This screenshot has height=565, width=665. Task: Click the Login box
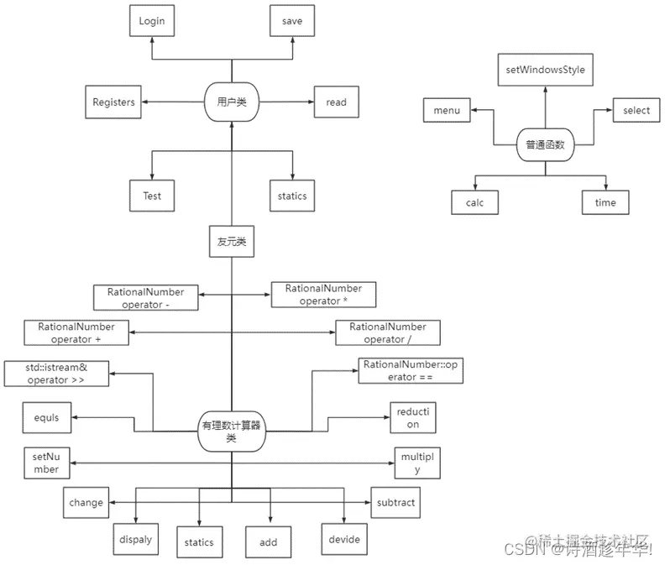152,20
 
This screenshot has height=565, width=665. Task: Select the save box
292,20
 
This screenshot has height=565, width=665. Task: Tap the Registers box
113,102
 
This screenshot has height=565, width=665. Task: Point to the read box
336,102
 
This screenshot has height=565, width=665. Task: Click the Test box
152,196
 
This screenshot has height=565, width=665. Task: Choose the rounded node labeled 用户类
231,102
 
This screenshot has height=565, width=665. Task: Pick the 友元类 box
231,242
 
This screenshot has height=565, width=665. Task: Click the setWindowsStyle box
545,70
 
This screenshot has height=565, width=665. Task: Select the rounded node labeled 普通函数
545,144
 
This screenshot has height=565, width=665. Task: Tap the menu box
447,111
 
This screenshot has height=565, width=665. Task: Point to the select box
636,111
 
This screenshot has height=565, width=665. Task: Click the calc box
475,202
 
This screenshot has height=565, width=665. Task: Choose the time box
605,202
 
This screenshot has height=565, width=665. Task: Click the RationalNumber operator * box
323,295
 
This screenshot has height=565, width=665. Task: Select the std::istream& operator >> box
56,374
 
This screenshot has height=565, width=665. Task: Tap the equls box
47,417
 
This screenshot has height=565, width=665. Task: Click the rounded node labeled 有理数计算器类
231,432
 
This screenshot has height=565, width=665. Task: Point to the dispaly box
135,540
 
